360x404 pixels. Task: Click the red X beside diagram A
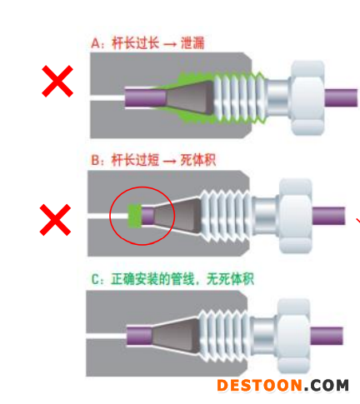[x=57, y=82]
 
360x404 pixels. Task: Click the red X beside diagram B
[x=55, y=220]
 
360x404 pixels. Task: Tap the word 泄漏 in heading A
[x=192, y=43]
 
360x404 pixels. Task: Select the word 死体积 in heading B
[x=198, y=160]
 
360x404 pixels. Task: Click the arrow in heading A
[x=170, y=44]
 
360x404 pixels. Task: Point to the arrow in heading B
[x=169, y=162]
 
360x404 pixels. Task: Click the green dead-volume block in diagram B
[x=134, y=216]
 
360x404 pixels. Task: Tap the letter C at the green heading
[x=95, y=279]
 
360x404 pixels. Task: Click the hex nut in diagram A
[x=307, y=97]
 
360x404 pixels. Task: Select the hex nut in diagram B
[x=295, y=216]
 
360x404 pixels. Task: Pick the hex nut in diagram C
[x=293, y=336]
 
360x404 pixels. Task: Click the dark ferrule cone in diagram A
[x=190, y=97]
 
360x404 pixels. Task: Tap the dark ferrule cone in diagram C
[x=176, y=337]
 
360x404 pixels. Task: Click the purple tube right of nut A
[x=342, y=97]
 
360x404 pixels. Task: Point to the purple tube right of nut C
[x=327, y=336]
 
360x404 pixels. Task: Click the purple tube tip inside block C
[x=139, y=336]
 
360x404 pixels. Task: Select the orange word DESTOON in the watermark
[x=260, y=386]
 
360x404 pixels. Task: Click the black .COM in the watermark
[x=327, y=386]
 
